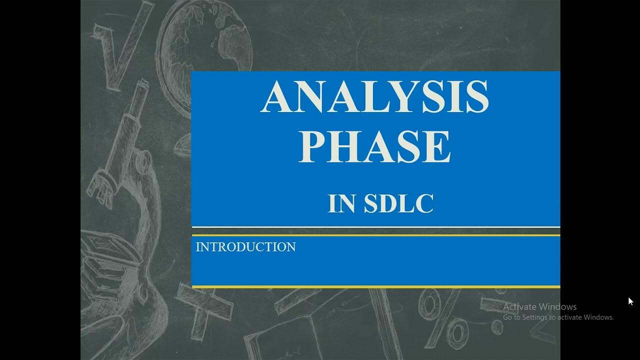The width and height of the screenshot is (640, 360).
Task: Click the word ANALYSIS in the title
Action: (x=374, y=97)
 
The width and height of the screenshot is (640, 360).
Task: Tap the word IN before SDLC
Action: (x=341, y=203)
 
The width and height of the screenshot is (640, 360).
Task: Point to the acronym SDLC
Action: (x=398, y=203)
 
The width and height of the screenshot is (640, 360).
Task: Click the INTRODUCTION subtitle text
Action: (x=245, y=247)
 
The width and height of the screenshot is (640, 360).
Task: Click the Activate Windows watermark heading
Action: (x=539, y=306)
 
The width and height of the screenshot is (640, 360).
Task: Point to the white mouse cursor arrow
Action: (x=630, y=300)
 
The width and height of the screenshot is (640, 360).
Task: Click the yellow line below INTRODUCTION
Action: (x=375, y=286)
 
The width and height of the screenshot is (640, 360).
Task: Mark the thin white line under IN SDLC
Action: (x=375, y=227)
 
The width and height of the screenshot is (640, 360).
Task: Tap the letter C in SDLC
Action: (x=424, y=203)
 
